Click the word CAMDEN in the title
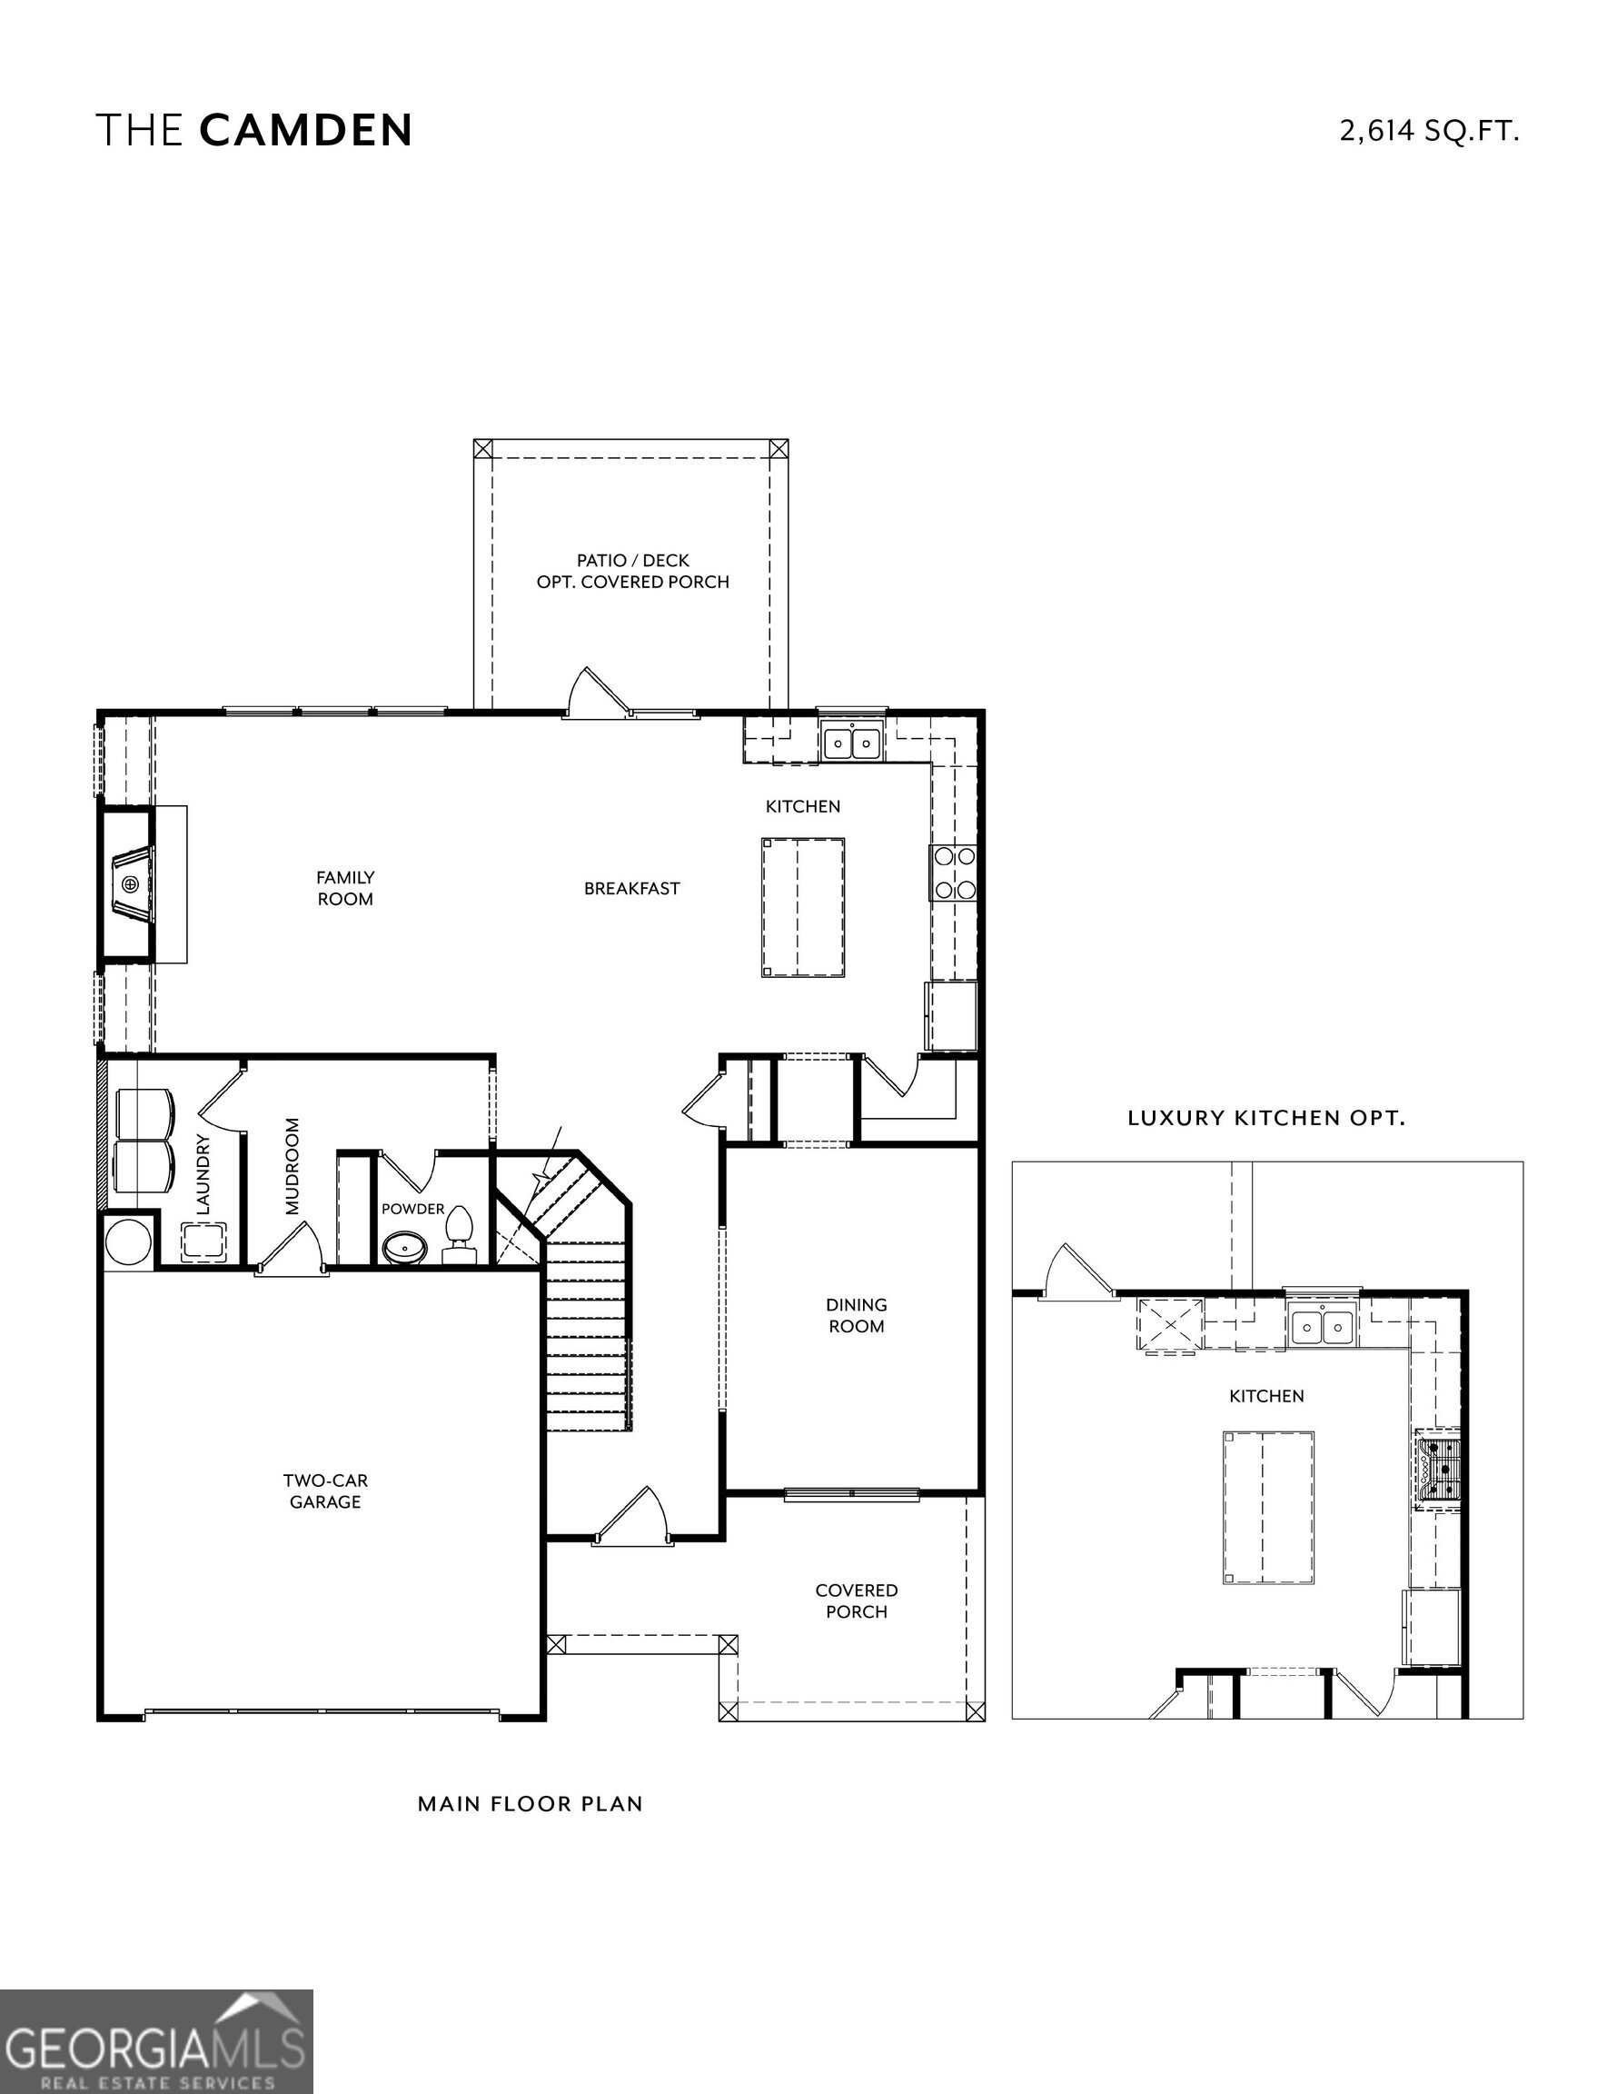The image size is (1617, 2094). click(306, 130)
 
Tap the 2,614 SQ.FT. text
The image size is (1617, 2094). click(1428, 130)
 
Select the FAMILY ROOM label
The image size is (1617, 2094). click(345, 888)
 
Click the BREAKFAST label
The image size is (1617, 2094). click(631, 889)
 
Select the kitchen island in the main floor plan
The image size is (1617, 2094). click(802, 907)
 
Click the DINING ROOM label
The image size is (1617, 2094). click(856, 1315)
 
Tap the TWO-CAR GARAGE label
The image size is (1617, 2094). click(325, 1491)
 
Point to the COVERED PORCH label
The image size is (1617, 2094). click(856, 1601)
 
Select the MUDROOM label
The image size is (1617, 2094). click(293, 1166)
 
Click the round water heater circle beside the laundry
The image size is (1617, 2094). click(128, 1243)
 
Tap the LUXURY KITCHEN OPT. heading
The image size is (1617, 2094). click(1265, 1118)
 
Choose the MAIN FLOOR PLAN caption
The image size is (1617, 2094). click(530, 1803)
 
